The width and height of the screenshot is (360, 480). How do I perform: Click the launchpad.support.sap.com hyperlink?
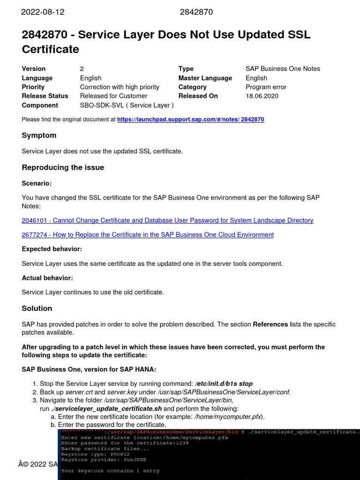coord(190,120)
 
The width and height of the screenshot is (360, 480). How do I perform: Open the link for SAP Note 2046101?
coord(167,220)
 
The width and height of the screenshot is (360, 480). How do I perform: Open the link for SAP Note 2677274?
coord(148,234)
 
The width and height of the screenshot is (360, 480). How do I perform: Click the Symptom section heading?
coord(39,135)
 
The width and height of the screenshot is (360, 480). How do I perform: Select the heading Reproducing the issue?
coord(63,168)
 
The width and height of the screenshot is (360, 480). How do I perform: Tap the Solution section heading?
coord(37,308)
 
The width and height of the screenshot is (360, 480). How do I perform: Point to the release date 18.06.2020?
coord(262,96)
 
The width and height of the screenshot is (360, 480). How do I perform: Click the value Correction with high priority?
coord(120,87)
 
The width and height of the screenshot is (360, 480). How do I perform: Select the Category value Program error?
coord(266,87)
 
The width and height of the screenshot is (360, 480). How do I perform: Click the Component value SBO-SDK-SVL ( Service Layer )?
coord(127,105)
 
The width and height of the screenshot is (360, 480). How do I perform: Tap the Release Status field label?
coord(45,96)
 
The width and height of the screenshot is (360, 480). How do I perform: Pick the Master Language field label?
coord(205,78)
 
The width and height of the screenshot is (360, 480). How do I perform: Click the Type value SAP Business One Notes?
coord(283,69)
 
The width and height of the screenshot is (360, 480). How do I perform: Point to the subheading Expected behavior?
coord(52,249)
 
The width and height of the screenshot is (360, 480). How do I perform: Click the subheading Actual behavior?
coord(47,278)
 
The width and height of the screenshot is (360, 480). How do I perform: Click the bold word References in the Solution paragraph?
coord(270,324)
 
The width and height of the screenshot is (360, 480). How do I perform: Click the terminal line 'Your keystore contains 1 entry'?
coord(110,471)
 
